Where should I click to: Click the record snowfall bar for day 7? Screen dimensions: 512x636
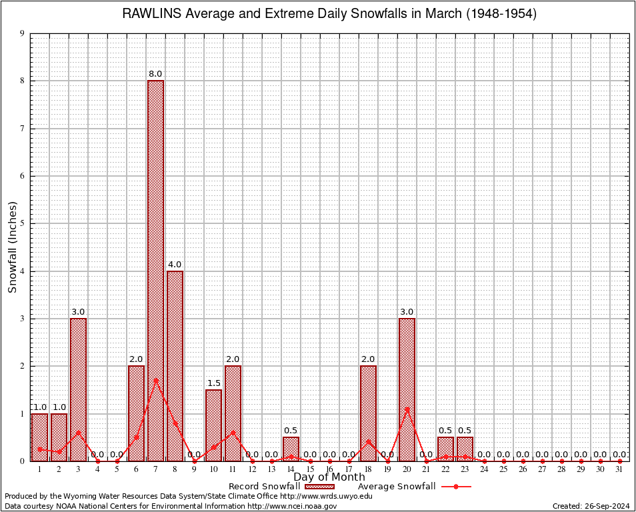(x=155, y=267)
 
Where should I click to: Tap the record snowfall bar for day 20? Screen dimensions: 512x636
(x=407, y=389)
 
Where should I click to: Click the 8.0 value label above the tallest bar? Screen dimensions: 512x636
(x=155, y=74)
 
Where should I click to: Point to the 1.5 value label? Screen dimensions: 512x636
(x=213, y=383)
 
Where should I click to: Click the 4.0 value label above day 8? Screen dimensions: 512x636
(x=175, y=265)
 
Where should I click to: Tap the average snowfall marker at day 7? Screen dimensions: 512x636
(x=155, y=380)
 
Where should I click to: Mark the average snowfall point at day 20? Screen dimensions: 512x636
(x=407, y=409)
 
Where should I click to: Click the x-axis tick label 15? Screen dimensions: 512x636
(x=310, y=470)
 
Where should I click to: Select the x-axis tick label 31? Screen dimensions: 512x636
(x=619, y=470)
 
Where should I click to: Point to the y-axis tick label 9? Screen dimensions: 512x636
(x=23, y=33)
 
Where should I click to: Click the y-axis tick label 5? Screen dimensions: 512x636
(x=23, y=223)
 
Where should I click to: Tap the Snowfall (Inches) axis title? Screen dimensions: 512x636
(x=12, y=247)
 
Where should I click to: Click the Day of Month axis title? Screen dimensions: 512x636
(x=329, y=477)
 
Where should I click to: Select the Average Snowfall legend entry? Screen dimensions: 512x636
(x=414, y=486)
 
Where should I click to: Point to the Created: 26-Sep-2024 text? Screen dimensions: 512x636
(x=591, y=506)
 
